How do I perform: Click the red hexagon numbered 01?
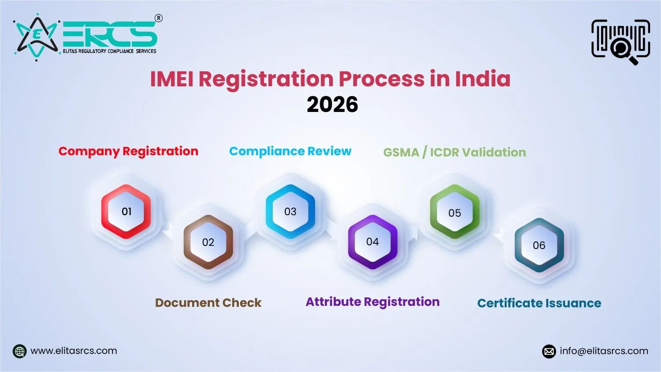pos(126,212)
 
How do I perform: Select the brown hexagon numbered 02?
pos(208,242)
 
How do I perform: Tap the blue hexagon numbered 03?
pos(290,212)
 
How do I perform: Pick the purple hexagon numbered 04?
pos(372,242)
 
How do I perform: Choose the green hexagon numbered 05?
pos(454,212)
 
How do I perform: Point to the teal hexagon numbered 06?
pos(539,245)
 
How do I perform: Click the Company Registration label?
pos(128,151)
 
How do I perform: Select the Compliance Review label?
pos(290,151)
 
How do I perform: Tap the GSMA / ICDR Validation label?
pos(454,152)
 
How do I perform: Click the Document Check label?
pos(208,303)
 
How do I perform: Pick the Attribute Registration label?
pos(372,302)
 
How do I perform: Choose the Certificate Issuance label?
pos(539,303)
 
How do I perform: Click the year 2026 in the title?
pos(332,104)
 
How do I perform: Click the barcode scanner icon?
pos(620,41)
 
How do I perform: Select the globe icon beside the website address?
pos(20,351)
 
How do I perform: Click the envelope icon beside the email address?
pos(549,351)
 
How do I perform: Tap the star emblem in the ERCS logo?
pos(37,36)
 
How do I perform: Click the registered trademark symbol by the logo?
pos(159,18)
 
